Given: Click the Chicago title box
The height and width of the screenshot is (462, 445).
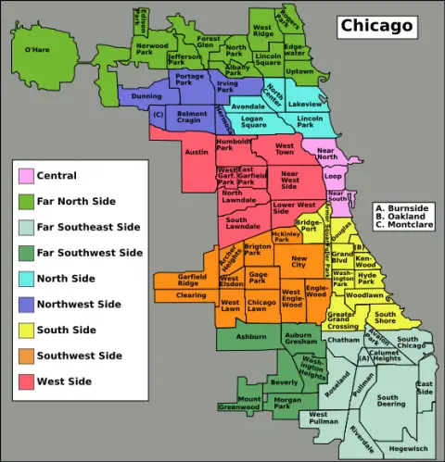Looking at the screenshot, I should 375,26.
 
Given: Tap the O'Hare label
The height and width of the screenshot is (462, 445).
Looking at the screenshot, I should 37,49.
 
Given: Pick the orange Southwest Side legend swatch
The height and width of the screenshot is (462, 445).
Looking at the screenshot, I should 24,356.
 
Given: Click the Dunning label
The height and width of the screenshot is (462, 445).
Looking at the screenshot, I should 146,95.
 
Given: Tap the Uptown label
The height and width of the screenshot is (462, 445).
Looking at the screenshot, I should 299,71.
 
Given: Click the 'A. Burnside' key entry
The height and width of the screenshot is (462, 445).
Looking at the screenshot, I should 400,233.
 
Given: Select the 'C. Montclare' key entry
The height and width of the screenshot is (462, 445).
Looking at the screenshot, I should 403,251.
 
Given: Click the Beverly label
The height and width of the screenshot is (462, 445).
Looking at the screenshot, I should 283,382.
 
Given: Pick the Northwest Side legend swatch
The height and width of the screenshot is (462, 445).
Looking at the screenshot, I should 24,304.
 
